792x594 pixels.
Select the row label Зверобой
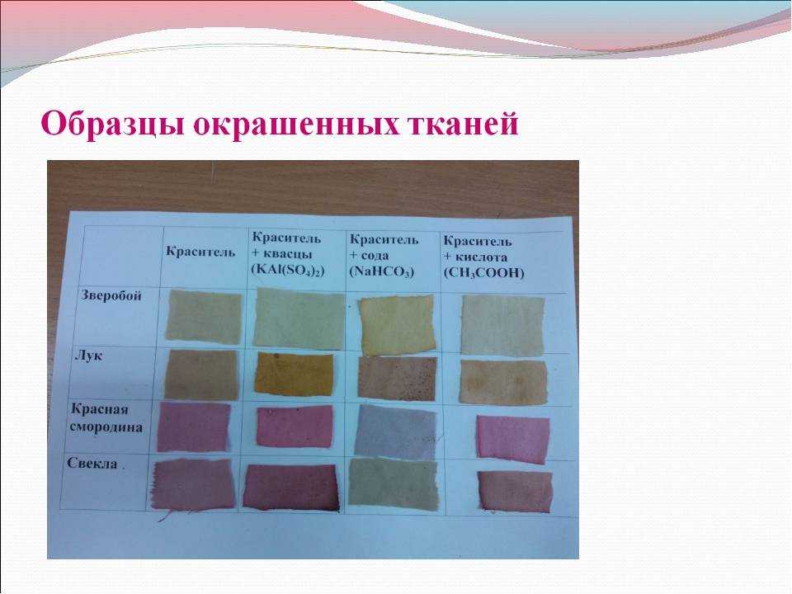coord(111,295)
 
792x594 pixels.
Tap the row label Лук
coord(88,355)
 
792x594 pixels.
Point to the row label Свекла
coord(92,464)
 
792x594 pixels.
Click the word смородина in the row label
coord(106,427)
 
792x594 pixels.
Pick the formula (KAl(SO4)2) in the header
coord(288,270)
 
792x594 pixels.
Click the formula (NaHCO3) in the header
coord(382,271)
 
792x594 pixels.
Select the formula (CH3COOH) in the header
coord(484,273)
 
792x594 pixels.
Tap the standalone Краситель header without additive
coord(200,252)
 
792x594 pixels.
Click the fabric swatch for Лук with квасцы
coord(294,373)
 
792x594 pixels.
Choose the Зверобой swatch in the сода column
coord(397,325)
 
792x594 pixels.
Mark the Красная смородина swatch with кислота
coord(512,439)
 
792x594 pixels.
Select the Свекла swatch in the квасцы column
coord(290,487)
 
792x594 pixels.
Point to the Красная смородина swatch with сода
coord(395,431)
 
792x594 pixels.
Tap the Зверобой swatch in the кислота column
coord(502,325)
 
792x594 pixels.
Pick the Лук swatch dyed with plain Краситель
coord(201,375)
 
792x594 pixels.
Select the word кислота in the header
coord(481,257)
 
